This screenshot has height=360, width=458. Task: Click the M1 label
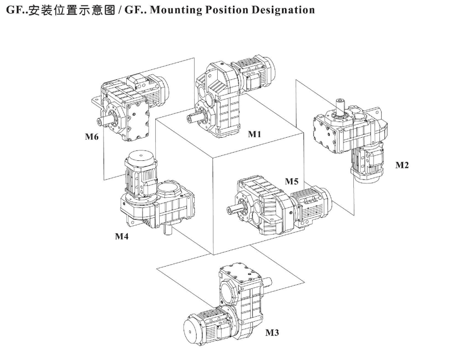pos(254,134)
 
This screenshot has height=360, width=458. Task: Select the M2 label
pos(402,165)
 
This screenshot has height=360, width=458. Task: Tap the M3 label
pos(272,333)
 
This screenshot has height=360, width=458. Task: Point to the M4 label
pos(122,236)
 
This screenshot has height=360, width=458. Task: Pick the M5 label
pos(292,181)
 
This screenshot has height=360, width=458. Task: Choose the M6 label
pos(92,137)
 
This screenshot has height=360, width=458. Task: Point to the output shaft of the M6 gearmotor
pos(104,119)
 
